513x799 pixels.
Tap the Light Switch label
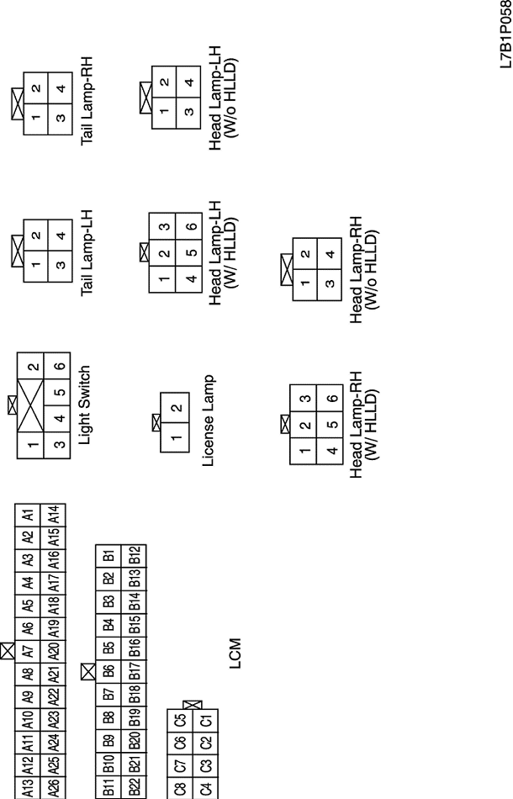pos(85,404)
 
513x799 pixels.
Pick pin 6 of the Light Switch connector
pos(59,366)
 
